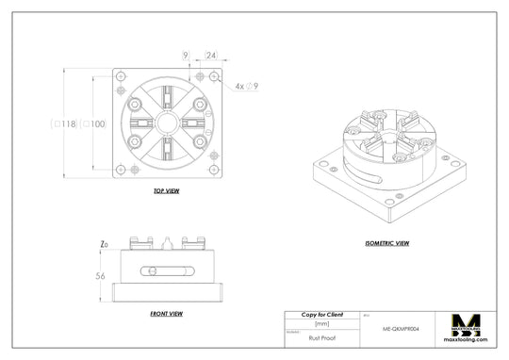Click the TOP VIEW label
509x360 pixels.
[166, 191]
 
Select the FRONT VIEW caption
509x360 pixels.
[166, 313]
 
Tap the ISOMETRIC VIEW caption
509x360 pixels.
[386, 244]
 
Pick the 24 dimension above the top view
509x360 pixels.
[211, 57]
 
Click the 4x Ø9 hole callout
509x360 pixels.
[246, 86]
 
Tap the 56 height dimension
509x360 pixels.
[100, 276]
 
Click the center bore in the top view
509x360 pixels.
[166, 123]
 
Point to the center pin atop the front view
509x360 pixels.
[166, 243]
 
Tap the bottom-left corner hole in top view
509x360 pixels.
[120, 171]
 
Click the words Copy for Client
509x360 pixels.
[321, 315]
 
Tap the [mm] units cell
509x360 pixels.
[321, 323]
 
